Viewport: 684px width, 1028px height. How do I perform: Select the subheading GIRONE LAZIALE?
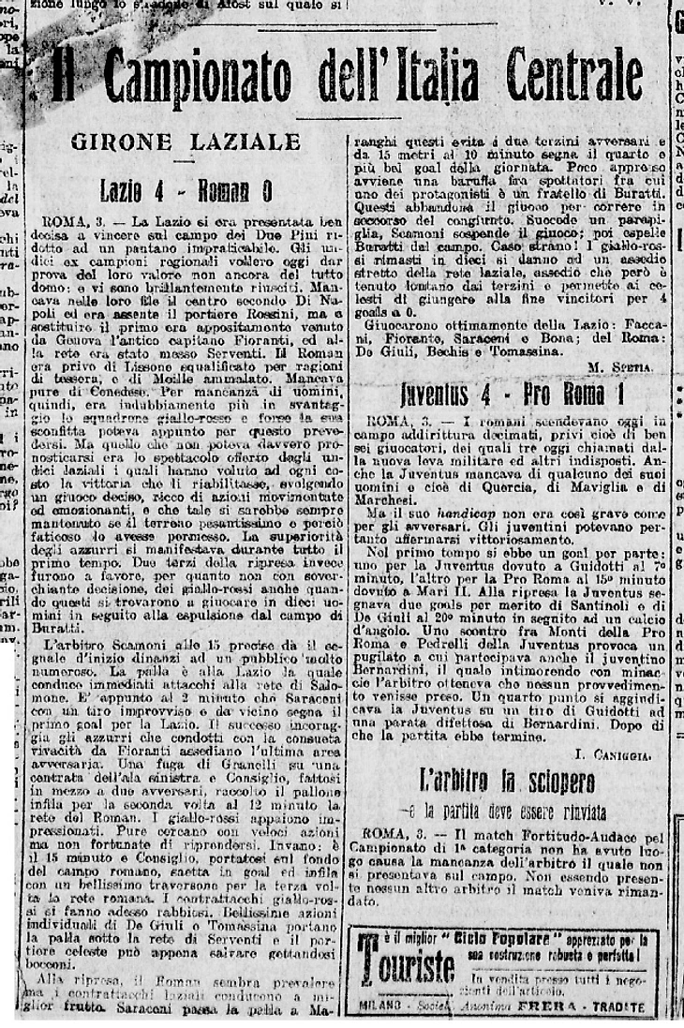coord(186,142)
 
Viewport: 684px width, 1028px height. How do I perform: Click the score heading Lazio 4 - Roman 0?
coord(186,190)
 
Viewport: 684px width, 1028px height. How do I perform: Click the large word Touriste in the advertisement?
coord(406,964)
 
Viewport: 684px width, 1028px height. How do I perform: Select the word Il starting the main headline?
coord(64,77)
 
